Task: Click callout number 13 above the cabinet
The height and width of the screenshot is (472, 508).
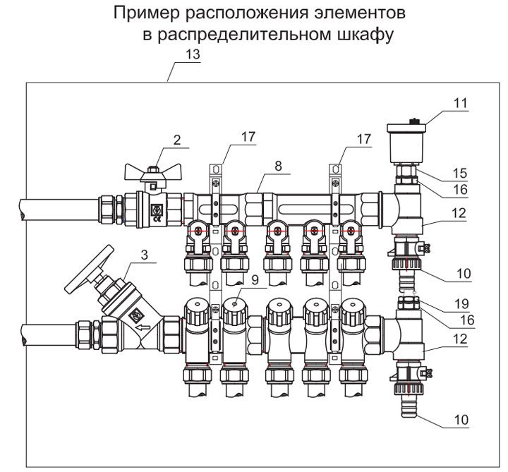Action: click(192, 54)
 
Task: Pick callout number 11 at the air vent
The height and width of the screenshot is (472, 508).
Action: click(460, 103)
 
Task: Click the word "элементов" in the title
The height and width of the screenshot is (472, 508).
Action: click(372, 14)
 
